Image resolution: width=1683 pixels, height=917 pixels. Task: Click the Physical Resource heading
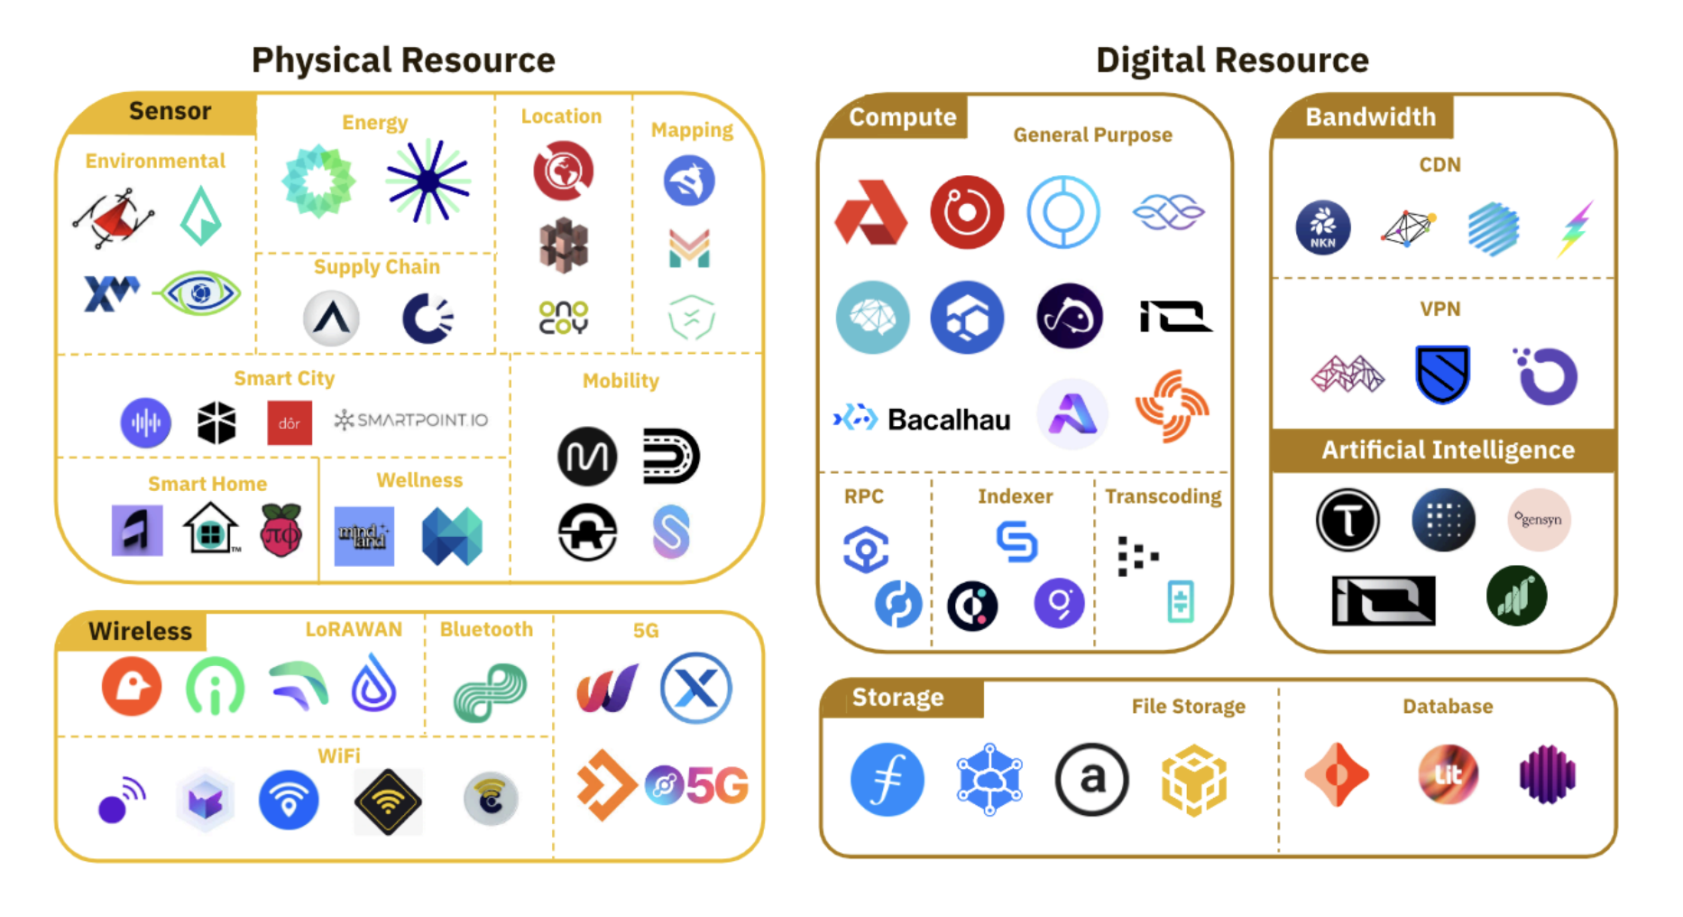point(403,60)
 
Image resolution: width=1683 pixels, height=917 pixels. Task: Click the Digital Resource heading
point(1232,60)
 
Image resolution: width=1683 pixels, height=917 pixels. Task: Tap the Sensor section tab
point(170,111)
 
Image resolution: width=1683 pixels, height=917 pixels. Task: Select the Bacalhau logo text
point(948,420)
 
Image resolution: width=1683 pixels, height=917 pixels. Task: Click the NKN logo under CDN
point(1322,227)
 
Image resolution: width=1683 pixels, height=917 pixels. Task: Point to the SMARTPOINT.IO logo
point(411,420)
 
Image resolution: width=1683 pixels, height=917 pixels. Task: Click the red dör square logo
point(290,423)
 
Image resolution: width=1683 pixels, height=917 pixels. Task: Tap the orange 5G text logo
point(717,785)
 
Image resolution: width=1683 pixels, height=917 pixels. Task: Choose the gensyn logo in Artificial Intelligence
point(1539,520)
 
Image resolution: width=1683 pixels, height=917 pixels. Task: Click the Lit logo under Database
point(1448,774)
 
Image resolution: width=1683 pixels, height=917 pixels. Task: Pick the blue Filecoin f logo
point(887,780)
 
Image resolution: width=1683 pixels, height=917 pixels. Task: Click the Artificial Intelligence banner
point(1448,449)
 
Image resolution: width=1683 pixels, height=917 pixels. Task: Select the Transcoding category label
point(1163,496)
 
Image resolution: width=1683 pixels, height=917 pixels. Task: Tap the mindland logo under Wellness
point(363,536)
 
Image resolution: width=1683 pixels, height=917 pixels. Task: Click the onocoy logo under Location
point(563,318)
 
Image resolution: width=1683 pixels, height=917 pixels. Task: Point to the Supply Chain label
point(376,267)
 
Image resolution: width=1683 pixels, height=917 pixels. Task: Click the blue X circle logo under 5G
point(695,689)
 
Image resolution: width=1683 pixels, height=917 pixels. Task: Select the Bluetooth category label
point(486,629)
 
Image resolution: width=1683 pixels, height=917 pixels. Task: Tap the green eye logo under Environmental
point(199,293)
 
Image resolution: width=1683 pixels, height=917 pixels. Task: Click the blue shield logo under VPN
point(1442,374)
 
